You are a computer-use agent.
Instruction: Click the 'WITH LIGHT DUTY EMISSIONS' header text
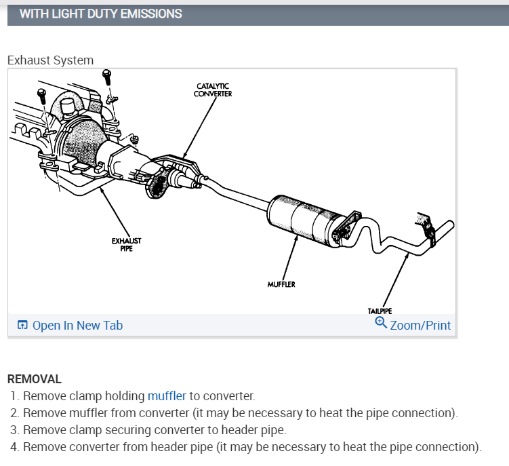(x=100, y=14)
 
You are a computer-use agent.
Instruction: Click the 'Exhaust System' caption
(x=50, y=60)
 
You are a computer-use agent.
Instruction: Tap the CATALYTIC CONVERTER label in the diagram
(x=212, y=90)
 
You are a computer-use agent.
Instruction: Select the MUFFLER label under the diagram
(x=281, y=284)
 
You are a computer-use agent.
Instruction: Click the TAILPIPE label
(x=380, y=311)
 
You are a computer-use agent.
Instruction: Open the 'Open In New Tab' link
(x=77, y=326)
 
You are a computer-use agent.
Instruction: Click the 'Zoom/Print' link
(x=420, y=326)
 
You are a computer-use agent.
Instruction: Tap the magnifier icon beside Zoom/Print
(x=381, y=323)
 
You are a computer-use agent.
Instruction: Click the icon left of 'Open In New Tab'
(x=22, y=326)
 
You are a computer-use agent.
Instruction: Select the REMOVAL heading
(x=34, y=379)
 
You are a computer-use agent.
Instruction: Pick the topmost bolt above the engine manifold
(x=106, y=74)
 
